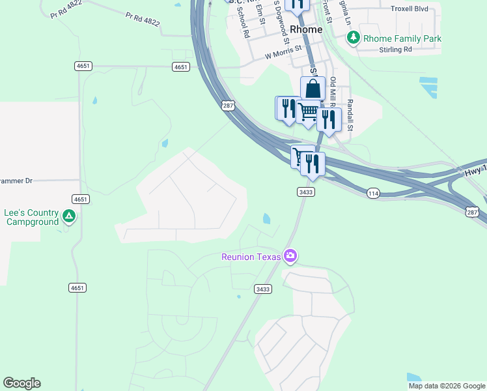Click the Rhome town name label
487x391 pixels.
[306, 29]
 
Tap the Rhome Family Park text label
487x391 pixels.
[402, 38]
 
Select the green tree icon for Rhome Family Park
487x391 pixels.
[354, 38]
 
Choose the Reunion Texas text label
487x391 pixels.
[251, 256]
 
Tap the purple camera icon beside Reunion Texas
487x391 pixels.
[290, 256]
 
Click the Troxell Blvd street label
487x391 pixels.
[410, 9]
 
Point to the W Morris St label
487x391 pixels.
[285, 51]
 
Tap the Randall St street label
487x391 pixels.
[350, 114]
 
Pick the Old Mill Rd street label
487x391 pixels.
[333, 92]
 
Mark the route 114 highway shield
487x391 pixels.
[372, 193]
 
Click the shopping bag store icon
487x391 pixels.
[313, 89]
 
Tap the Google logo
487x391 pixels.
[21, 383]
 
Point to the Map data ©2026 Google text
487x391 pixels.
[447, 386]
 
